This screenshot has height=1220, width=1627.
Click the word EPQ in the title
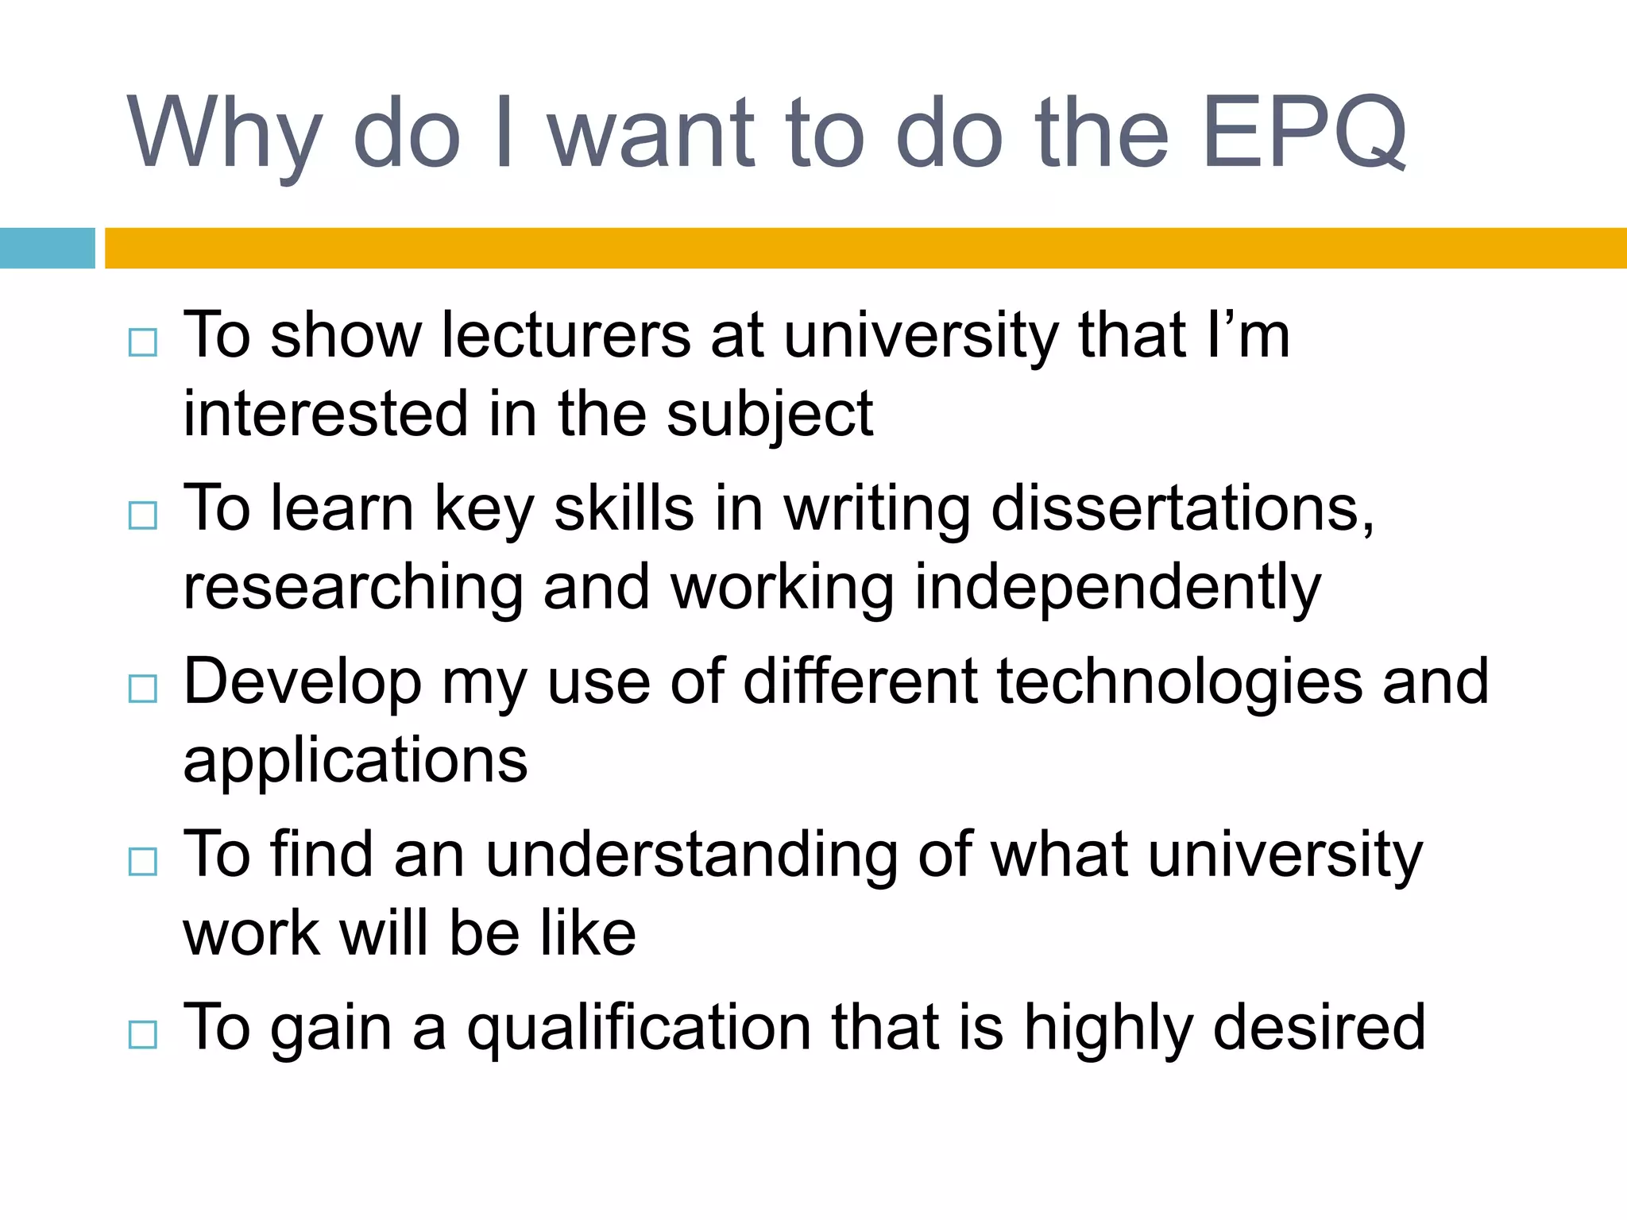coord(1304,133)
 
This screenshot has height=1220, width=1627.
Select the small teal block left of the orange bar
coord(47,248)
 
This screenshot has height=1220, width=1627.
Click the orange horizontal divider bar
coord(866,248)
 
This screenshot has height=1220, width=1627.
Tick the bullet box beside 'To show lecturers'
coord(143,343)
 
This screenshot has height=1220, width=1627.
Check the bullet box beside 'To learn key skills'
coord(143,515)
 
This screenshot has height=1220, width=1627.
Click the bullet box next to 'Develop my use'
coord(143,689)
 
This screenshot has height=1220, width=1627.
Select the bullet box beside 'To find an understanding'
coord(143,861)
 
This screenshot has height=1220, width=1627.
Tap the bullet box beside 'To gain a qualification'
coord(143,1034)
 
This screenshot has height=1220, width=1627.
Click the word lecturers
coord(566,335)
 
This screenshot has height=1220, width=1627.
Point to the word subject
coord(769,415)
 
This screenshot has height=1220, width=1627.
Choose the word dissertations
coord(1182,508)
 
